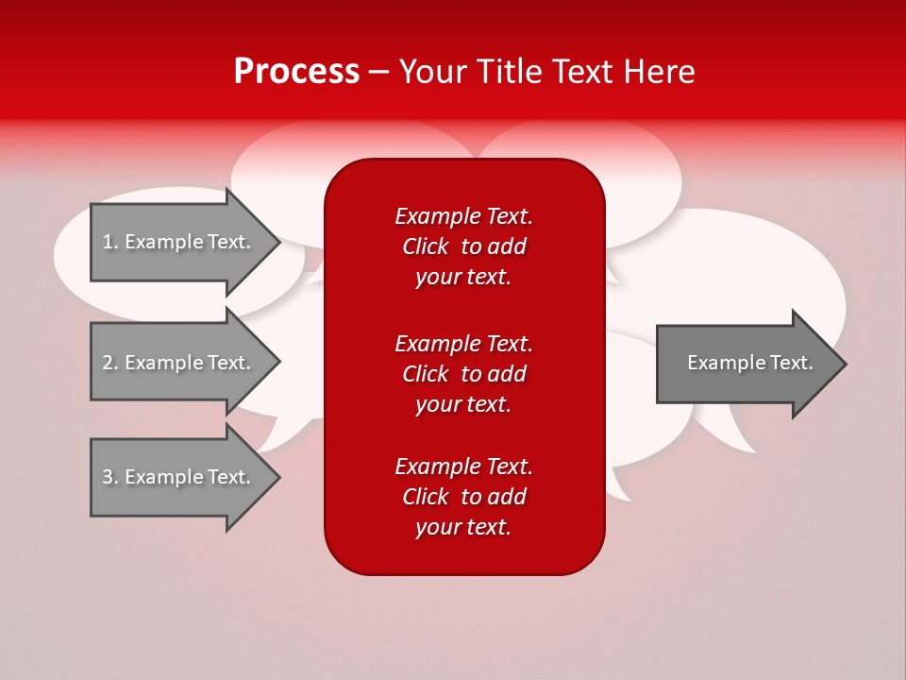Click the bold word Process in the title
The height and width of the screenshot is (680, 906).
296,71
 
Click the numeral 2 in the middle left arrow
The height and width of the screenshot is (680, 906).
108,363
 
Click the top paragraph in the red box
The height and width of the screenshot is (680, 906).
463,246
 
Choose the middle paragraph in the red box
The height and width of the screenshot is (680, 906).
463,373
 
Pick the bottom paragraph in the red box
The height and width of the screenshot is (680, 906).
463,497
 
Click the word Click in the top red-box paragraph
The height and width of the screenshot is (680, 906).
426,246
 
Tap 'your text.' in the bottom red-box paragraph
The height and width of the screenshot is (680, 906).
463,527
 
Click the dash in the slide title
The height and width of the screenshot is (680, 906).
378,72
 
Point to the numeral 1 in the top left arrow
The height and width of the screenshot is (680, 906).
107,242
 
